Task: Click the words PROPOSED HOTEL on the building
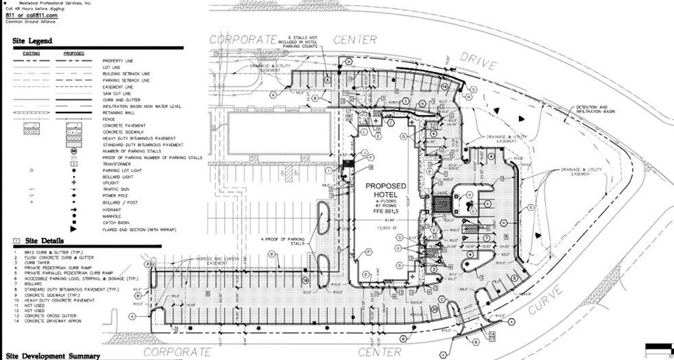[x=385, y=193]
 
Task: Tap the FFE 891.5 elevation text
[x=385, y=213]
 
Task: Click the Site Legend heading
[x=32, y=41]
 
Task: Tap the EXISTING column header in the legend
[x=32, y=53]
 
